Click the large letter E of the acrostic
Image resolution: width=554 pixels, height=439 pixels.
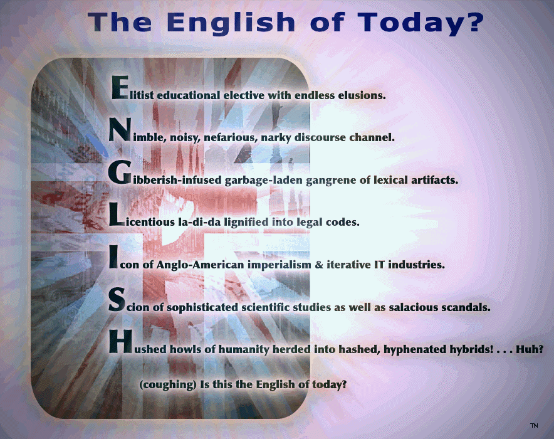pos(120,88)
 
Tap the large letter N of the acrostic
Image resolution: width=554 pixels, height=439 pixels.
pos(120,129)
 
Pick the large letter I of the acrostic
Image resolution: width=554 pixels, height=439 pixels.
pos(113,257)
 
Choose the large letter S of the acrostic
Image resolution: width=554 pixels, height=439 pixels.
pos(117,299)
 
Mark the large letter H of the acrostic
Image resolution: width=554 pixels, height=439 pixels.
pos(120,342)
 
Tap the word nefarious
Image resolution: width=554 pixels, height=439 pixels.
pos(231,137)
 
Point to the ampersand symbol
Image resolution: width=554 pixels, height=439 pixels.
pos(319,265)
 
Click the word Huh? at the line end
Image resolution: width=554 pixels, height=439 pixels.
pos(530,349)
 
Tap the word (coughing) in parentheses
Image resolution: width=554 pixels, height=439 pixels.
pos(168,385)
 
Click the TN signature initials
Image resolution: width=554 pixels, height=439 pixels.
pos(534,425)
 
